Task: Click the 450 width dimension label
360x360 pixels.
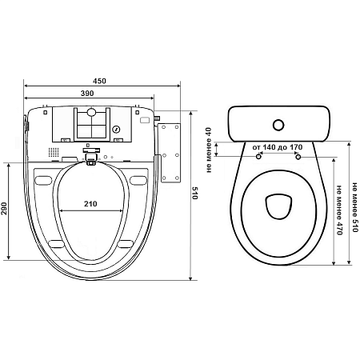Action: tap(99, 81)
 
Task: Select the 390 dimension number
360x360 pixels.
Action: tap(87, 94)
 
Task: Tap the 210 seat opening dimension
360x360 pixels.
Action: tap(90, 204)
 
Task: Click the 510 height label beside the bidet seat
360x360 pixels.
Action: tap(195, 193)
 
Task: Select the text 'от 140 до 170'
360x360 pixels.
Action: tap(278, 147)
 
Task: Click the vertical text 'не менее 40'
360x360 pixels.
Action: tap(209, 150)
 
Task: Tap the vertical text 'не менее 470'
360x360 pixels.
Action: tap(339, 210)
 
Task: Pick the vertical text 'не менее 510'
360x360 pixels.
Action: tap(354, 207)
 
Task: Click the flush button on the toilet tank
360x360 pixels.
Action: tap(278, 125)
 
